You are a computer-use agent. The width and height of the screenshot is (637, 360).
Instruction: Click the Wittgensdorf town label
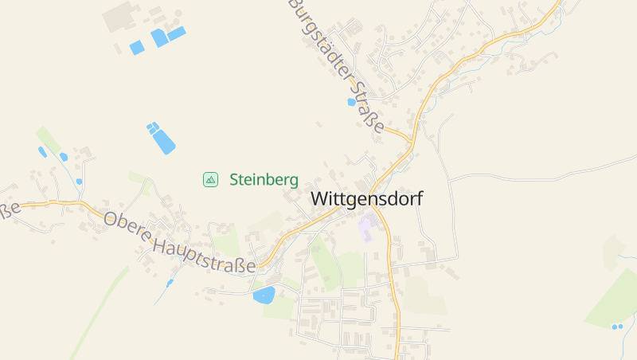tap(366, 198)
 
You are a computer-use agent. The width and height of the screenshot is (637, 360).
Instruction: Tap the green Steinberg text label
tap(264, 179)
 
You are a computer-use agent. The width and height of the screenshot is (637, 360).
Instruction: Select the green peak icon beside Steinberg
tap(210, 179)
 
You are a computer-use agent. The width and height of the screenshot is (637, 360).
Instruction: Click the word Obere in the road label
tap(127, 225)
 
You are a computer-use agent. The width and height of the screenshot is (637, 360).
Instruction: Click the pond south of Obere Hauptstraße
tap(264, 295)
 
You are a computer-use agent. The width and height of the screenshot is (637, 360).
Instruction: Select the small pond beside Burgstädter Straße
tap(351, 102)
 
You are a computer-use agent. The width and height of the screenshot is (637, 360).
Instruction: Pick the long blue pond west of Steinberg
tap(163, 142)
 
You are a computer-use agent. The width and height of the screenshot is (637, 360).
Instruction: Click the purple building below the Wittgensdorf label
tap(367, 227)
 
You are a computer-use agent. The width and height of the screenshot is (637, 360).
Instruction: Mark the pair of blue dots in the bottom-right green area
tap(616, 327)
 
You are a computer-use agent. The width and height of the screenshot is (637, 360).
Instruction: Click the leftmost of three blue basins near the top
tap(137, 48)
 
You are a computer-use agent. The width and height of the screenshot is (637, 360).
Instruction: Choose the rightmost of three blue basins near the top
tap(176, 33)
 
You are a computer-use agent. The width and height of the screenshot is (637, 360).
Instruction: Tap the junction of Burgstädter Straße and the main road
tap(411, 143)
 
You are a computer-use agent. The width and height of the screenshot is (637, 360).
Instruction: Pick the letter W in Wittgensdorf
tap(318, 198)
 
